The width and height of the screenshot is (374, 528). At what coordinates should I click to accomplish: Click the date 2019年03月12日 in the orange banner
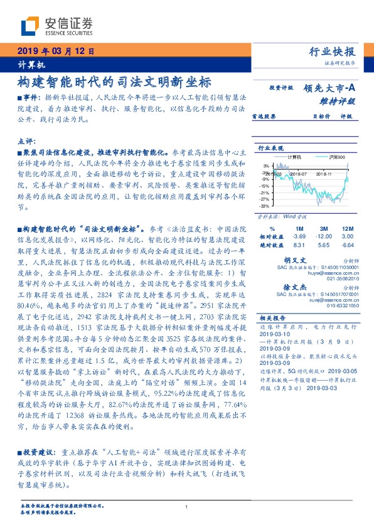pos(55,52)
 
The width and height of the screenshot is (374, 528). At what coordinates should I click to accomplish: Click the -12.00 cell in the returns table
pos(324,236)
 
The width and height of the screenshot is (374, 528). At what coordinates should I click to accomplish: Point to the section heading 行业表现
pos(270,148)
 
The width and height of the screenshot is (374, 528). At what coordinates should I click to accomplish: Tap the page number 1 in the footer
pos(186,507)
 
